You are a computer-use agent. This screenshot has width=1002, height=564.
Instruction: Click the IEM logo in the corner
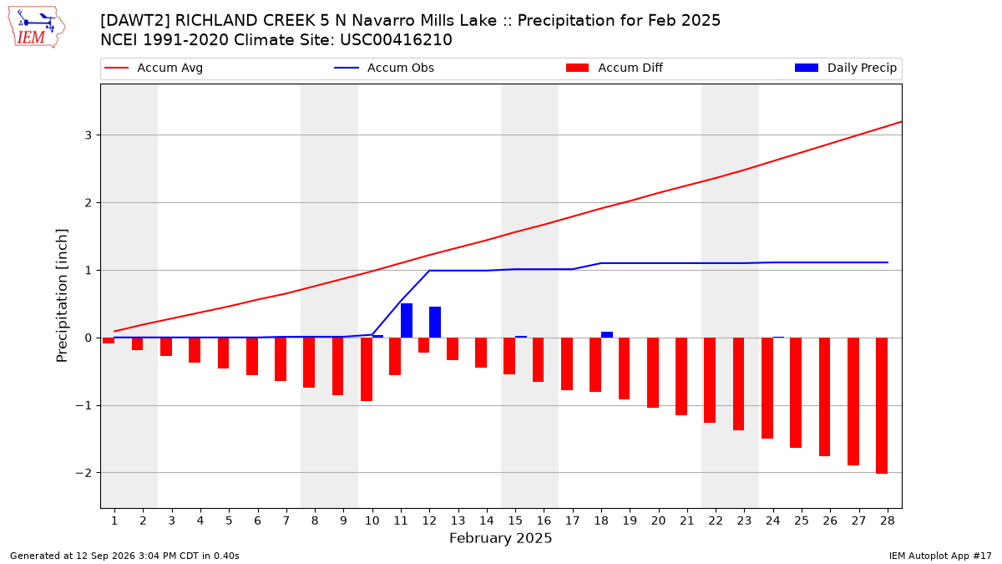[x=36, y=27]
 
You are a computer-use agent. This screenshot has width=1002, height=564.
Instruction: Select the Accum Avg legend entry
[x=154, y=68]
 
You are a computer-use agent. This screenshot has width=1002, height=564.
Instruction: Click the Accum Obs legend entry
[x=384, y=68]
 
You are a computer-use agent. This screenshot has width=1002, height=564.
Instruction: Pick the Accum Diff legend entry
[x=615, y=68]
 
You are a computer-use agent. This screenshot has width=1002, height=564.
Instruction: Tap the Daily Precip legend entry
[x=845, y=68]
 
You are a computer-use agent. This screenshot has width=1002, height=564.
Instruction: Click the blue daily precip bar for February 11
[x=407, y=321]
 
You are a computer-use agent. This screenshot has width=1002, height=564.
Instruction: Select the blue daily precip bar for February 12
[x=435, y=323]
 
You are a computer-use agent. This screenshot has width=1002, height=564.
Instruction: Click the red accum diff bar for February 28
[x=882, y=405]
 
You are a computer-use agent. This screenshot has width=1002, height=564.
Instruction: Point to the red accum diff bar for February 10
[x=367, y=369]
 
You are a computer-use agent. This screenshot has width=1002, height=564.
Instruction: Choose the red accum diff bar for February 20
[x=653, y=373]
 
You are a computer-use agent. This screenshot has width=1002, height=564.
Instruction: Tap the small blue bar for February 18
[x=607, y=335]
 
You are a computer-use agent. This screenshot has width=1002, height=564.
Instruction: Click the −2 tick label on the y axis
[x=83, y=473]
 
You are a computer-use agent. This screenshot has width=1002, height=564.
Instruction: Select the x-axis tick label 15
[x=515, y=521]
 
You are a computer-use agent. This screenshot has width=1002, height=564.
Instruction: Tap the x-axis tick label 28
[x=888, y=521]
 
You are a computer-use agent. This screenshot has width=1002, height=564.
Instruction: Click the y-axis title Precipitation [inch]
[x=62, y=296]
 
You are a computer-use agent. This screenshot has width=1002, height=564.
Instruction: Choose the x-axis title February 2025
[x=500, y=538]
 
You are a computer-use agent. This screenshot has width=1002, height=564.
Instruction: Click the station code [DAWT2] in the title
[x=134, y=21]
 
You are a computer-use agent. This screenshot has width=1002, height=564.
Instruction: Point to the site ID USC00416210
[x=396, y=40]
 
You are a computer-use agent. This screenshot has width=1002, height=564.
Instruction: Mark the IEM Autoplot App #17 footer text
[x=940, y=556]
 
